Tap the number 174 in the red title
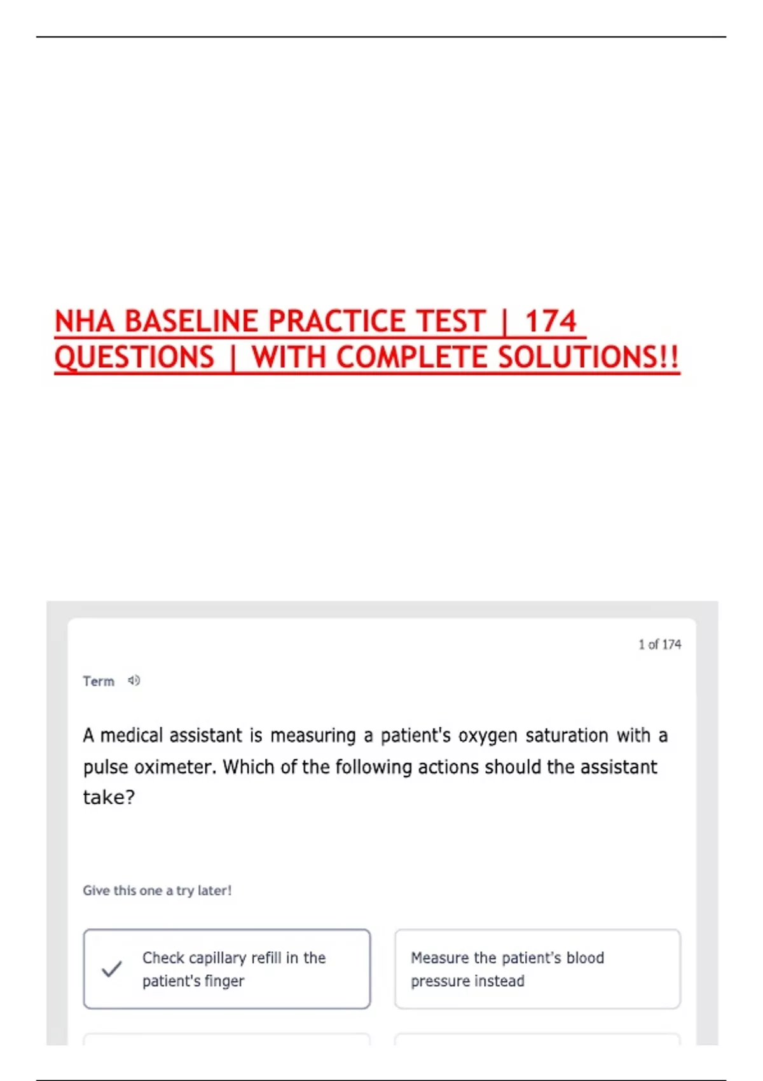[550, 321]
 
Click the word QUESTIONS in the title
[134, 357]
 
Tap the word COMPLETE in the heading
[413, 357]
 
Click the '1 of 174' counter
[659, 645]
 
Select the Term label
[99, 682]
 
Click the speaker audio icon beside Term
[134, 681]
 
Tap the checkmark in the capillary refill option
[112, 969]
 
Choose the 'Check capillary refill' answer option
[227, 969]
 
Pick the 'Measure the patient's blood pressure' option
[537, 969]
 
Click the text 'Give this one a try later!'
[157, 891]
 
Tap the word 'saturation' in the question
[567, 736]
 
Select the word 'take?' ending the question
[109, 797]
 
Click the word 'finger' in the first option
[224, 981]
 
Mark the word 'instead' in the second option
[502, 981]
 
